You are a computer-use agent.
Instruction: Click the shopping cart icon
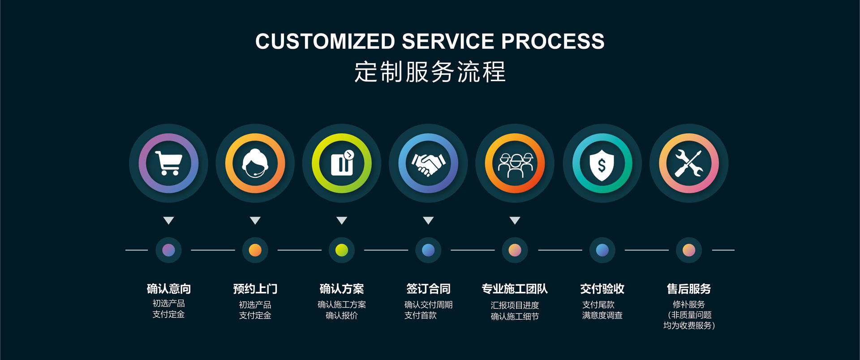click(168, 163)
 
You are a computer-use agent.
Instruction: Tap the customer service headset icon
click(255, 163)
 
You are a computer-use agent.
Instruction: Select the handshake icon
click(428, 163)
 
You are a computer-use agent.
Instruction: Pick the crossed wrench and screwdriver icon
click(688, 163)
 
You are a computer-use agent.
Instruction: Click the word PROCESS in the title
click(553, 41)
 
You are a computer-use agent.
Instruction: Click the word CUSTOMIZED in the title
click(325, 41)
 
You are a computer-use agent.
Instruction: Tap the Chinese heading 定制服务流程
click(430, 72)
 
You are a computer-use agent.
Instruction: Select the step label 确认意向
click(168, 289)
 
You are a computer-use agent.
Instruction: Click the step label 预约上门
click(255, 289)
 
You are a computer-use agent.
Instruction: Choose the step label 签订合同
click(428, 289)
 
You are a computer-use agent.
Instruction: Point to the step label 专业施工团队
click(515, 289)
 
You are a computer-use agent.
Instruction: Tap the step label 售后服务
click(688, 289)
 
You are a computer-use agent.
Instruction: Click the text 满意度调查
click(602, 315)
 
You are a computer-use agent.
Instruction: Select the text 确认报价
click(341, 315)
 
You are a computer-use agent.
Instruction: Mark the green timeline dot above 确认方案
click(341, 250)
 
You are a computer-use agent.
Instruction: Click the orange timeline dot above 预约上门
click(255, 250)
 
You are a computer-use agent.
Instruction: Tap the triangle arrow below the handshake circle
click(428, 220)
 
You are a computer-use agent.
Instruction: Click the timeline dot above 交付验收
click(602, 250)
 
